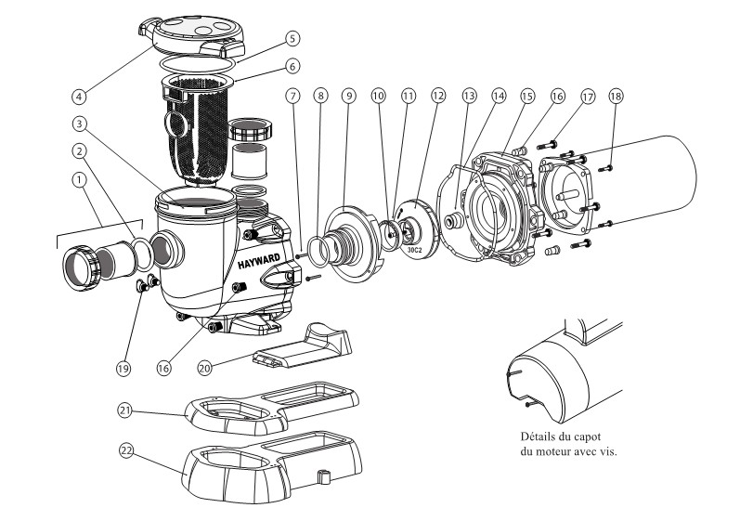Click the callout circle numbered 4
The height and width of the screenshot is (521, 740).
pyautogui.click(x=79, y=97)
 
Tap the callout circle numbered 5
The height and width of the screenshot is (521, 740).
pyautogui.click(x=292, y=38)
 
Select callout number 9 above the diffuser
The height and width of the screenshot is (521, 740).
pyautogui.click(x=349, y=97)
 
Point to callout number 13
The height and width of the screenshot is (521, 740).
pyautogui.click(x=469, y=97)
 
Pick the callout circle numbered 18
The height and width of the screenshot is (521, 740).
pyautogui.click(x=616, y=97)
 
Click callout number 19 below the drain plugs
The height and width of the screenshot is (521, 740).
pyautogui.click(x=123, y=369)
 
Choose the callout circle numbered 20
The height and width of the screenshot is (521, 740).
pyautogui.click(x=204, y=368)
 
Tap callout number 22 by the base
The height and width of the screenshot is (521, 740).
pyautogui.click(x=126, y=451)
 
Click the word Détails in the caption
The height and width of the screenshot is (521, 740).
pyautogui.click(x=537, y=436)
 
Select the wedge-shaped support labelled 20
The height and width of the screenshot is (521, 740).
pyautogui.click(x=303, y=348)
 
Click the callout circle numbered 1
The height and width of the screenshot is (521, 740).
pyautogui.click(x=80, y=180)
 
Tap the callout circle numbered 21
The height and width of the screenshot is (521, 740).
pyautogui.click(x=124, y=410)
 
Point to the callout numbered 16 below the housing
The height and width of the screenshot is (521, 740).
pyautogui.click(x=163, y=368)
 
